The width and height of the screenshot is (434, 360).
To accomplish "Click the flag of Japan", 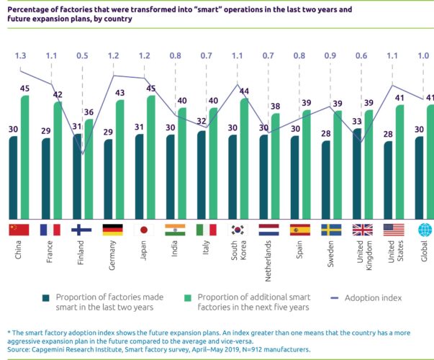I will pyautogui.click(x=143, y=230).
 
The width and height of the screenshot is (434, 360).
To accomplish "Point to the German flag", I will pyautogui.click(x=112, y=230).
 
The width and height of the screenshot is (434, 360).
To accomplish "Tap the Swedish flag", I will pyautogui.click(x=330, y=230).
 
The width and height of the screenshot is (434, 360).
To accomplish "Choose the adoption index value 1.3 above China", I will pyautogui.click(x=20, y=55).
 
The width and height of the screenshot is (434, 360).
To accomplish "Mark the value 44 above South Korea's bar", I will pyautogui.click(x=244, y=91).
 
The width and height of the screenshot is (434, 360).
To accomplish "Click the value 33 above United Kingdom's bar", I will pyautogui.click(x=357, y=122).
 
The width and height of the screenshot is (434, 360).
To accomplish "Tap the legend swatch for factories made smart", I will pyautogui.click(x=45, y=298).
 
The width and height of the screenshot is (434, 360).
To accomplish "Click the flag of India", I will pyautogui.click(x=175, y=230).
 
